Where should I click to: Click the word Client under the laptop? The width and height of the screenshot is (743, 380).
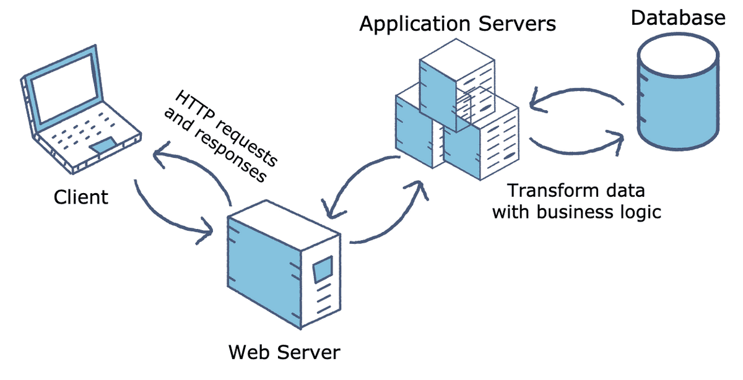81,197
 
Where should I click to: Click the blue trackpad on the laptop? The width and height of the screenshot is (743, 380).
105,145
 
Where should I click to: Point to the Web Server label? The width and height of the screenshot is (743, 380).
284,352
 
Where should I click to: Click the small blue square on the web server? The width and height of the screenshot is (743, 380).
323,269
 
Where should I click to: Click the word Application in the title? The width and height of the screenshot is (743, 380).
415,24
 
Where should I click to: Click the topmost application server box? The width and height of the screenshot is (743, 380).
457,85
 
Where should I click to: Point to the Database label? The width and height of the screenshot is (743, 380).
678,17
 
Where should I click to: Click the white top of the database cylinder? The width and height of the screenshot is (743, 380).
679,54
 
